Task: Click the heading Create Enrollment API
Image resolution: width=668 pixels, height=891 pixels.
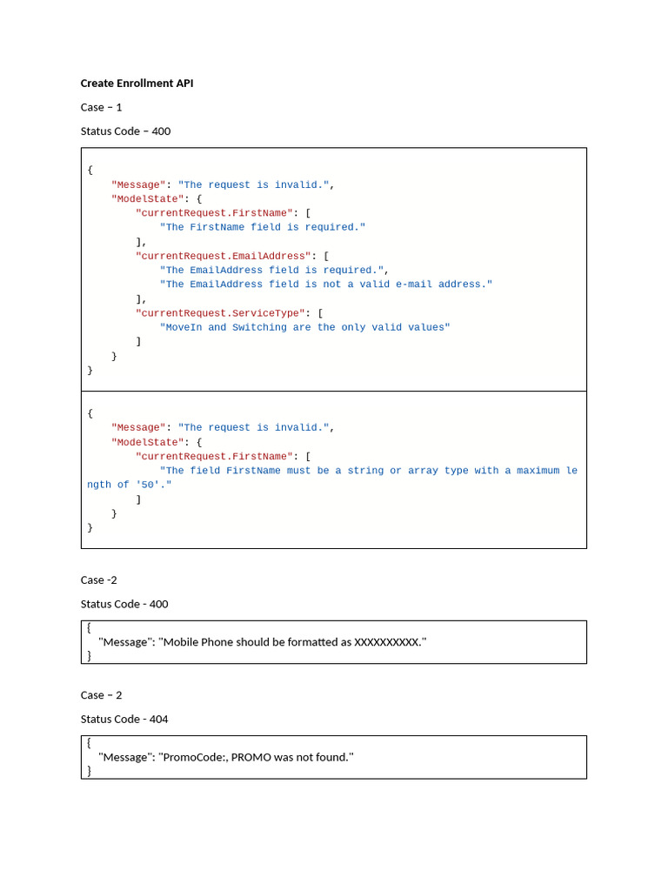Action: (x=137, y=84)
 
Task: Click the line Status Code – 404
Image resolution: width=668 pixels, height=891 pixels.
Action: (x=124, y=719)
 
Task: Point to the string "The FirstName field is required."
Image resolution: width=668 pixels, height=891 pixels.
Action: (x=263, y=227)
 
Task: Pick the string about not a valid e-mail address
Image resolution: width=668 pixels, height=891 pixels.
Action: (x=326, y=284)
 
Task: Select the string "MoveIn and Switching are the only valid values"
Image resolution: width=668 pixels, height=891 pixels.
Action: (x=305, y=327)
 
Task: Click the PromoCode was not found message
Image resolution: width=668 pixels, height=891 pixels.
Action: (x=226, y=757)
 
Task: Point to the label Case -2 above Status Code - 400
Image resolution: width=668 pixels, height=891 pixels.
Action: (x=98, y=579)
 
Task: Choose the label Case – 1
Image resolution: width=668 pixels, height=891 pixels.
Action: (x=101, y=107)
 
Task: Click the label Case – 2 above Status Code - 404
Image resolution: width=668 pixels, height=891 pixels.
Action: (x=101, y=695)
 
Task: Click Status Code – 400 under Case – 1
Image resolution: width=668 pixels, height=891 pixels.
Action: (x=125, y=131)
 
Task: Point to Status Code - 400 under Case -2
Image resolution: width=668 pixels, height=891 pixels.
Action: (x=124, y=604)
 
